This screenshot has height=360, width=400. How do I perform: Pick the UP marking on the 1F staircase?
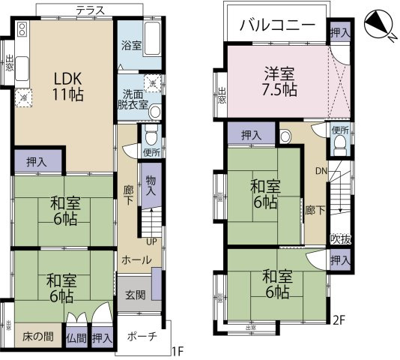click(150, 242)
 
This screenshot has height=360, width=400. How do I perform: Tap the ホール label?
click(136, 259)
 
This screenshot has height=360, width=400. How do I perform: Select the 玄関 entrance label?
click(135, 294)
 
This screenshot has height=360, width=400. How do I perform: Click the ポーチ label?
click(142, 336)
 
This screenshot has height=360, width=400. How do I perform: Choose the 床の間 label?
click(37, 336)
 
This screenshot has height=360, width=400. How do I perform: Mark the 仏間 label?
click(76, 338)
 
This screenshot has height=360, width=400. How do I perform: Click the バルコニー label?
click(277, 25)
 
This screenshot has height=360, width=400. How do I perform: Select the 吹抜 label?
click(341, 238)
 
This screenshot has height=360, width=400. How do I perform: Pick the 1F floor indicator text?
click(177, 351)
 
